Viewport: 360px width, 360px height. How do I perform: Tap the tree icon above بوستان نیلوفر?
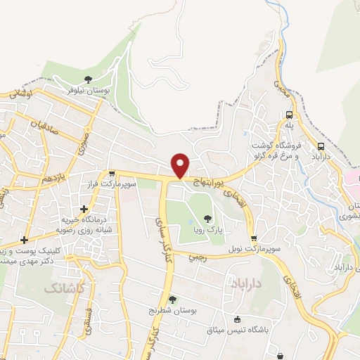coord(88,79)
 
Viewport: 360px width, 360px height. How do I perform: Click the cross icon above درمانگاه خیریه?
coord(84,209)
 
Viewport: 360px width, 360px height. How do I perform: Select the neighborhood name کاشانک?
coord(63,288)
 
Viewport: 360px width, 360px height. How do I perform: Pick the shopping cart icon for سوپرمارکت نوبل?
coord(253,238)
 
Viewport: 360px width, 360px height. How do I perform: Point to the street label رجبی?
coord(197,257)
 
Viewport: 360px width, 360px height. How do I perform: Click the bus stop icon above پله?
coord(289,115)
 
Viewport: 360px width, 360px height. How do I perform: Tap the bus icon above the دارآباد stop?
coord(321,147)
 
